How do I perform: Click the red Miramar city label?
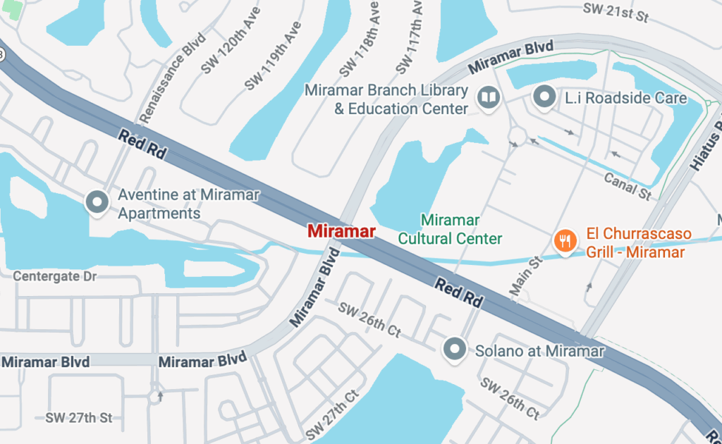point(341,230)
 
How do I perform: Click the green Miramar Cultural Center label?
point(450,230)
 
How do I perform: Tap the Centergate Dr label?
point(54,276)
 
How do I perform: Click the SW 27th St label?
point(78,417)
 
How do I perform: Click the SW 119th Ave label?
point(273,55)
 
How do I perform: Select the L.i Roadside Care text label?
point(626,98)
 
